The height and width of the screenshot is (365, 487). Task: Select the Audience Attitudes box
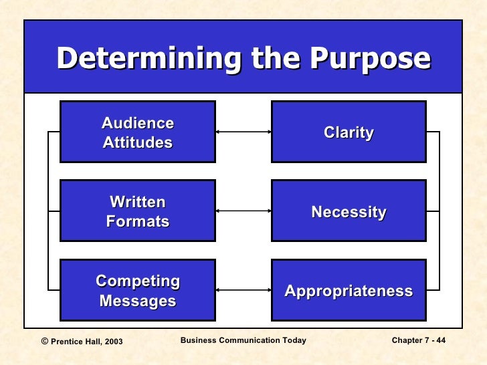coord(138,132)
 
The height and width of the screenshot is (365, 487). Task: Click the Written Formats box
coord(138,211)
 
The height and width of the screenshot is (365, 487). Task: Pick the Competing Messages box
coord(138,290)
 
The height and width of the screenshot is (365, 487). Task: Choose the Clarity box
coord(349,132)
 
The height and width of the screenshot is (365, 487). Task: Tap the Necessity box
coord(349,211)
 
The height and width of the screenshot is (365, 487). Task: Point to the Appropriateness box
coord(349,290)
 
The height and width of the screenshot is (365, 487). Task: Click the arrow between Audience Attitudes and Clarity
coord(243,132)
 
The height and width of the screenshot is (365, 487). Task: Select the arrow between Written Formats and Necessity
coord(243,211)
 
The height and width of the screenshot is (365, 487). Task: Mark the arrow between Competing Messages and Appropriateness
coord(243,290)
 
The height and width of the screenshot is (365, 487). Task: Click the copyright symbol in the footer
coord(45,341)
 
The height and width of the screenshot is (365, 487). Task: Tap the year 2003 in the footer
coord(113,342)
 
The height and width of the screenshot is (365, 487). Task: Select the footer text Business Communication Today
coord(243,341)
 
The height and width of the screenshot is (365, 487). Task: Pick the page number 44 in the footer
coord(440,341)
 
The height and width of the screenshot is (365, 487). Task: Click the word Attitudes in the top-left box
coord(138,142)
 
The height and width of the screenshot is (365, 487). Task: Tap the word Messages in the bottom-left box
coord(138,301)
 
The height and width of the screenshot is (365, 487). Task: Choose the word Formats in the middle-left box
coord(138,221)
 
